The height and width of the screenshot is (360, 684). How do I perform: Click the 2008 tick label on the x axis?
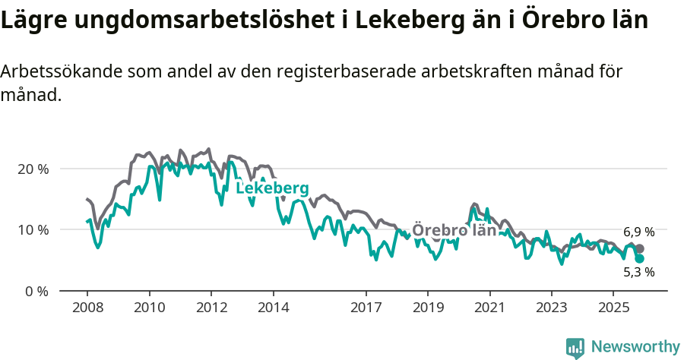click(87, 308)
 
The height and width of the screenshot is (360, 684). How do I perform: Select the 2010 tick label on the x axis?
click(149, 308)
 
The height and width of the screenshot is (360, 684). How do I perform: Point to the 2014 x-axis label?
click(273, 308)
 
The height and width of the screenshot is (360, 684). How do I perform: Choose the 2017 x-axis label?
click(366, 308)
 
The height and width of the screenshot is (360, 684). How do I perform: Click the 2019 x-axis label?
click(427, 308)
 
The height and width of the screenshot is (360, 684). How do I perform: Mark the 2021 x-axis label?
click(489, 308)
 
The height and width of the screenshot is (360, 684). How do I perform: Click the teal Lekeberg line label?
click(272, 188)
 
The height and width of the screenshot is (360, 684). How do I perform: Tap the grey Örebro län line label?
click(454, 230)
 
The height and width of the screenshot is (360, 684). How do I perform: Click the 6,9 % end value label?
click(638, 232)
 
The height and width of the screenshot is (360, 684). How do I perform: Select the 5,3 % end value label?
click(638, 272)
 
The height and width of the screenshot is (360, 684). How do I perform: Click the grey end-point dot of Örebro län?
click(640, 248)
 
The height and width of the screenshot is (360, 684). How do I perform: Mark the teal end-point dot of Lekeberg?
click(640, 258)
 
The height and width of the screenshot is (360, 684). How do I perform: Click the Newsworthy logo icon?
click(575, 347)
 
